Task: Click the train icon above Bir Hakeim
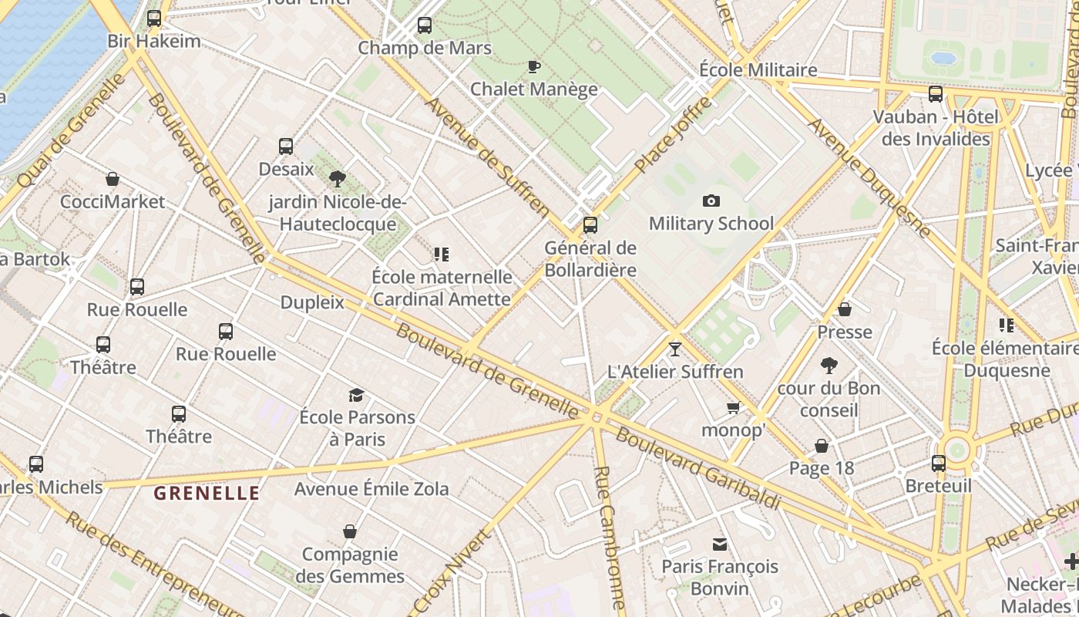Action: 154,19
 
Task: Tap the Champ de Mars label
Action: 424,48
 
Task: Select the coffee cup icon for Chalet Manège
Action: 533,67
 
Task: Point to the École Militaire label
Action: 758,70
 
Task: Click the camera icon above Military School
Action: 711,201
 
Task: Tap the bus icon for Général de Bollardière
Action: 590,225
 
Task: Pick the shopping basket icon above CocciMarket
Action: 113,180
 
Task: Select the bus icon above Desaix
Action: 285,147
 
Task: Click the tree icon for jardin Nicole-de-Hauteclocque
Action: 337,179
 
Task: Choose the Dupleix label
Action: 312,302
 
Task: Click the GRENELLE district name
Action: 207,494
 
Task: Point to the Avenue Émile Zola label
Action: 371,489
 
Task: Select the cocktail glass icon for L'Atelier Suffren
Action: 675,349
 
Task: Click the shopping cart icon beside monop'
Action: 733,407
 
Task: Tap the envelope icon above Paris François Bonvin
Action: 720,545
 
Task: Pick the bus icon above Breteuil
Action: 938,464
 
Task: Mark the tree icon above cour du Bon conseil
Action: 829,366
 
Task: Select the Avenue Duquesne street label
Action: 869,177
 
